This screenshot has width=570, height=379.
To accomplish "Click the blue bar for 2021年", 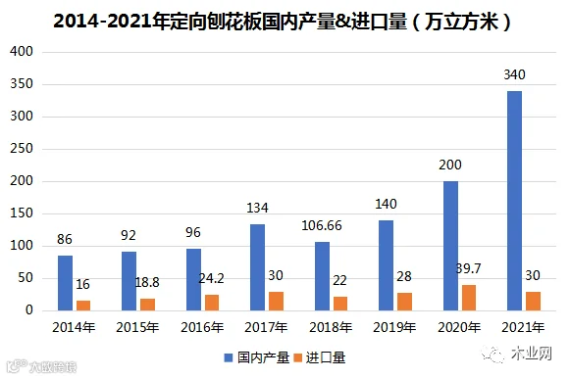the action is pyautogui.click(x=514, y=201).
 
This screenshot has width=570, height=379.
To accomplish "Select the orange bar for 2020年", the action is pyautogui.click(x=469, y=298).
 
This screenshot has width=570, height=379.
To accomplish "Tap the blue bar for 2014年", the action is pyautogui.click(x=65, y=283).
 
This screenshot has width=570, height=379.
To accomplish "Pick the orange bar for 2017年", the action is pyautogui.click(x=276, y=301).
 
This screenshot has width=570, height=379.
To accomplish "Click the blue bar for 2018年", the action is pyautogui.click(x=322, y=276).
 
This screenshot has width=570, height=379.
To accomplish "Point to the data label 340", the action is pyautogui.click(x=514, y=74).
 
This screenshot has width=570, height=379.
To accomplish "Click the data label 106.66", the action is pyautogui.click(x=322, y=226).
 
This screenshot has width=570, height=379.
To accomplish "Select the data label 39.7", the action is pyautogui.click(x=469, y=268).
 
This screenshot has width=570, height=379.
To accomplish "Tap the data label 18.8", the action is pyautogui.click(x=147, y=282).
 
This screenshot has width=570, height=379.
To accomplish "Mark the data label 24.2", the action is pyautogui.click(x=212, y=278).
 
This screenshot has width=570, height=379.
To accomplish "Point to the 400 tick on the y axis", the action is pyautogui.click(x=22, y=52).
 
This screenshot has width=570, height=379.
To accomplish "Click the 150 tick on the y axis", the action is pyautogui.click(x=22, y=213).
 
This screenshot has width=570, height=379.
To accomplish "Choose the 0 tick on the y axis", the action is pyautogui.click(x=29, y=310).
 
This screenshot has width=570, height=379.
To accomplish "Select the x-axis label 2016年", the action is pyautogui.click(x=202, y=327).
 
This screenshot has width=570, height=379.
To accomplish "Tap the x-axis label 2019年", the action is pyautogui.click(x=394, y=327).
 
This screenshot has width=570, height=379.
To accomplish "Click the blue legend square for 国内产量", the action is pyautogui.click(x=229, y=358).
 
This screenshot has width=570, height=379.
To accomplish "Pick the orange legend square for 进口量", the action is pyautogui.click(x=297, y=358).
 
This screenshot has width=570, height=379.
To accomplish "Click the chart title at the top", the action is pyautogui.click(x=283, y=22).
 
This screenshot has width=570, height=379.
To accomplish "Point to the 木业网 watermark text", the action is pyautogui.click(x=532, y=354).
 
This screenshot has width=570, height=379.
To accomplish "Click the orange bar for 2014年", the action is pyautogui.click(x=83, y=306).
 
